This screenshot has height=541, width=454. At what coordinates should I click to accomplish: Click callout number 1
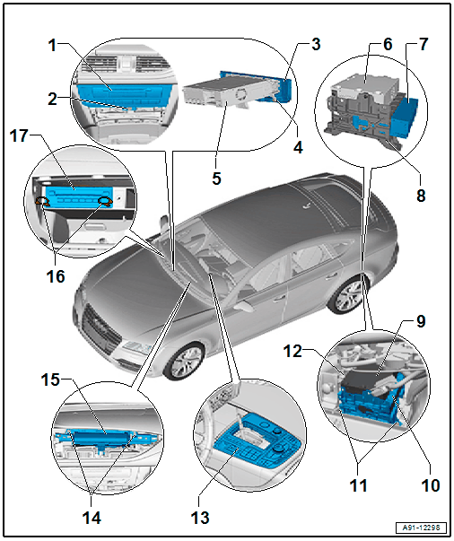click(52, 45)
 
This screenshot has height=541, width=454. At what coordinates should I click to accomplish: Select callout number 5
click(216, 179)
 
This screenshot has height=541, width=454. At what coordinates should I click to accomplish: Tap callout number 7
click(423, 44)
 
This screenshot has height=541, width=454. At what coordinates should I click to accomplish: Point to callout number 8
click(421, 196)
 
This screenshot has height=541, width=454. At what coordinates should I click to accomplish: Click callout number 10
click(431, 485)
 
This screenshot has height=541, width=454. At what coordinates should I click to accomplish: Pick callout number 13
click(200, 518)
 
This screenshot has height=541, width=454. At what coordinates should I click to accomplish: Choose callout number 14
click(92, 518)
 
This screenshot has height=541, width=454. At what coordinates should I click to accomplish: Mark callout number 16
click(56, 276)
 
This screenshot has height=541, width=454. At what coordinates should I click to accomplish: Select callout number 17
click(19, 135)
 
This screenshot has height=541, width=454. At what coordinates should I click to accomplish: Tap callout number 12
click(292, 351)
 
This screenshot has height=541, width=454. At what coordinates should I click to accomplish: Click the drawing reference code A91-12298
click(421, 528)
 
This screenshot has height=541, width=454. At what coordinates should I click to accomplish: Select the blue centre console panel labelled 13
click(256, 444)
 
